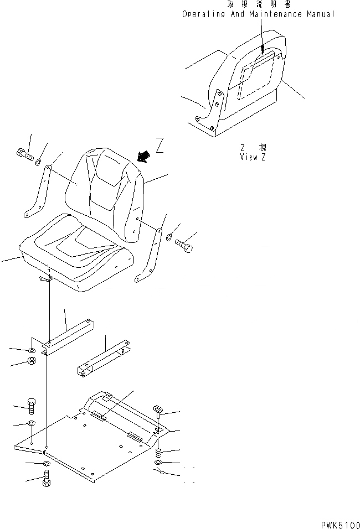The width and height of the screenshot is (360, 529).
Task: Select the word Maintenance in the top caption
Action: [276, 14]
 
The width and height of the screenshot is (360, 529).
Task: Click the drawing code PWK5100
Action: [338, 523]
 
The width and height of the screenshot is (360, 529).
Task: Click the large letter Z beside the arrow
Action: [160, 146]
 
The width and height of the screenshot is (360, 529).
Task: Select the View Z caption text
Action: [253, 157]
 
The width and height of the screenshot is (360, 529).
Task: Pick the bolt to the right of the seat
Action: [184, 246]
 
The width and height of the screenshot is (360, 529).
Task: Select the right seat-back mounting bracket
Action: [150, 255]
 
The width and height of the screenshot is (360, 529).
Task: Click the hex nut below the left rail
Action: [32, 362]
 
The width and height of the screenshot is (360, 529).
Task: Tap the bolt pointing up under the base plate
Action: [47, 478]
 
